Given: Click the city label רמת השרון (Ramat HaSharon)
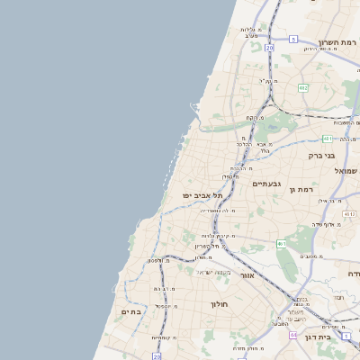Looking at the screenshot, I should tap(337, 42).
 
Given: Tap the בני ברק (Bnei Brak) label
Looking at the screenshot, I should tap(321, 156).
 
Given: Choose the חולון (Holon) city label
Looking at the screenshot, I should tap(221, 304).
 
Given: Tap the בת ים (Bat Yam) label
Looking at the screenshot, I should tap(131, 311).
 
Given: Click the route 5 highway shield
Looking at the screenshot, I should tap(293, 40).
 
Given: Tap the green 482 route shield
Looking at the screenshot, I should tap(302, 87).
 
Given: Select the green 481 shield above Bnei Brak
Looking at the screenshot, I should tap(328, 138).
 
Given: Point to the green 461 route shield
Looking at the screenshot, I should tap(282, 243).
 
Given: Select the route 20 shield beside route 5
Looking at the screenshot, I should tap(270, 45).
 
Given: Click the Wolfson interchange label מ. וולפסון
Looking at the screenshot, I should tap(155, 261).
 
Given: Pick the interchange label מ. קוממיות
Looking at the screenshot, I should tap(162, 337).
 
